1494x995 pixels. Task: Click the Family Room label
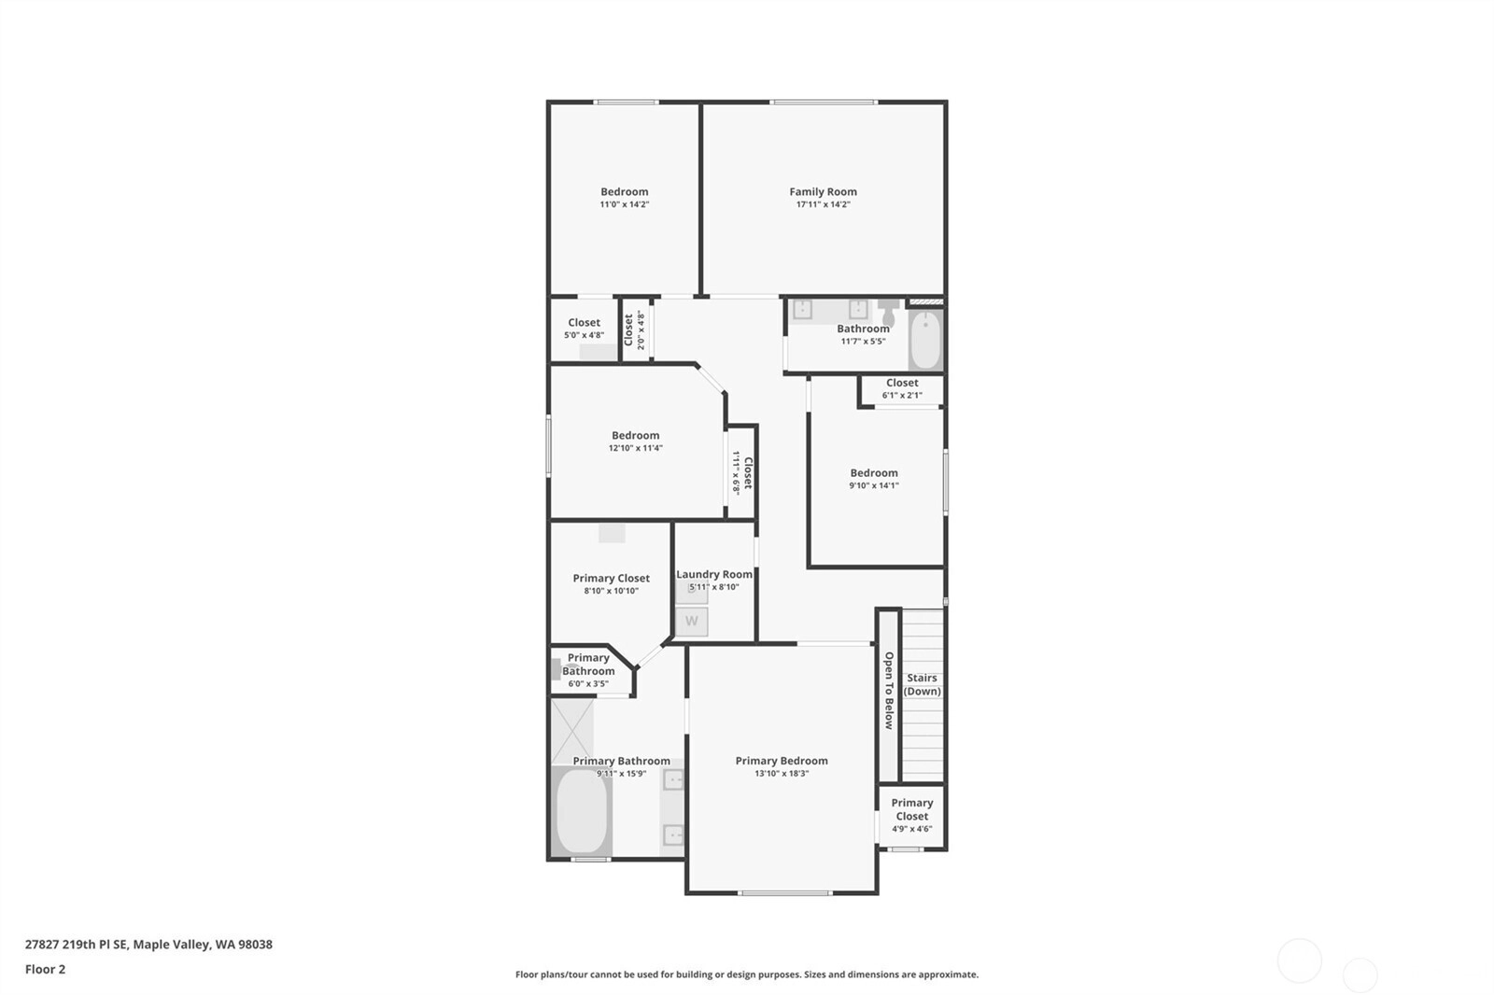click(823, 192)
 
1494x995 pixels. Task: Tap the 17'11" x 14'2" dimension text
click(823, 204)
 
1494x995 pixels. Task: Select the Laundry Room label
click(713, 574)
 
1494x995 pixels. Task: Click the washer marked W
click(691, 622)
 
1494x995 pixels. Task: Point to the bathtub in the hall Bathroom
click(925, 339)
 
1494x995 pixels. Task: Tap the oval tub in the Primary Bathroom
click(582, 811)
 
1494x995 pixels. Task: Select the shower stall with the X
click(571, 730)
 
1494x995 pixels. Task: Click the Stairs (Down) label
click(922, 684)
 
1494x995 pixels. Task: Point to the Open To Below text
click(888, 690)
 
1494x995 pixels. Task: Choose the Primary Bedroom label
click(781, 761)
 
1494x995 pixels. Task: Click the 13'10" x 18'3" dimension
click(781, 774)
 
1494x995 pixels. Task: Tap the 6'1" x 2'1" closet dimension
click(902, 396)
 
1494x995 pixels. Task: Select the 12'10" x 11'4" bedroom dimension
click(635, 448)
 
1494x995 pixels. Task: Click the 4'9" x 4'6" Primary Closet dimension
click(911, 829)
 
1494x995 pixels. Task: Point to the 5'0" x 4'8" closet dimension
click(584, 335)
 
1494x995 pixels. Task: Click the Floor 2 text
click(46, 969)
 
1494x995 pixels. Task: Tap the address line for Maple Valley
click(148, 945)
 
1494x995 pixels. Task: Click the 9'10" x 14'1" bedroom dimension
click(874, 485)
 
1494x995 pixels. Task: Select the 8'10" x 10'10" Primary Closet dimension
click(611, 591)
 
